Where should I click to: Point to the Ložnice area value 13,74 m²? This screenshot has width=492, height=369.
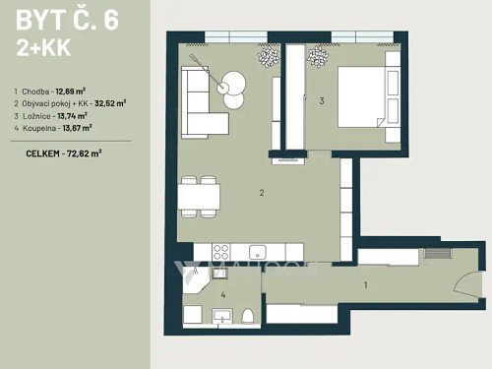(x=78, y=115)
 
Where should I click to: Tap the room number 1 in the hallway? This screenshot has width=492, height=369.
(x=366, y=286)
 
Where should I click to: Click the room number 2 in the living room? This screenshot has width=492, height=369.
(x=262, y=193)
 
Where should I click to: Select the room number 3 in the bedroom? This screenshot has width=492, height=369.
(x=322, y=99)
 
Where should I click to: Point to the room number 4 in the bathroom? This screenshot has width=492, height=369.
(x=223, y=293)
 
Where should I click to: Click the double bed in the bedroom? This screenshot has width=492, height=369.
(x=365, y=94)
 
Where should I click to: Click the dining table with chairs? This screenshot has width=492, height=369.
(x=199, y=195)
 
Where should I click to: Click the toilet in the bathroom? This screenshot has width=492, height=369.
(x=248, y=315)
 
